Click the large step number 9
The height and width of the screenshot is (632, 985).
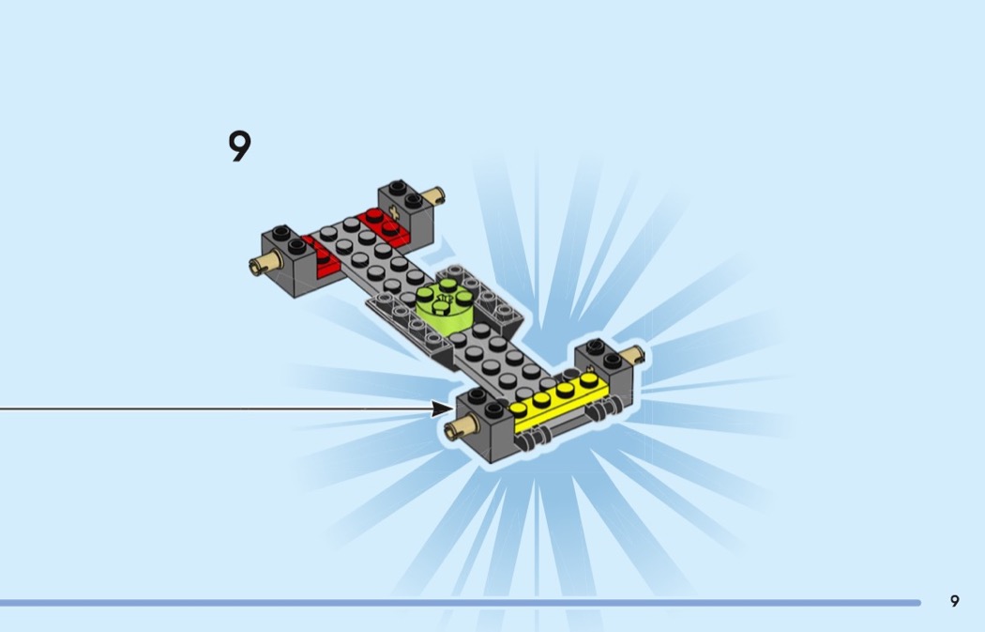239,146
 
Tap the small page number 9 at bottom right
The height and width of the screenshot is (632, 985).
955,601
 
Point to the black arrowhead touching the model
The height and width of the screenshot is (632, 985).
442,409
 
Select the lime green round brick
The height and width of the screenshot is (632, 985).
445,303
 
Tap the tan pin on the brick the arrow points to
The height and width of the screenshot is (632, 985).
461,428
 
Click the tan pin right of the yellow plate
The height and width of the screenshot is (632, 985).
631,355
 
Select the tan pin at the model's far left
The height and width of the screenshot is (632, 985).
265,262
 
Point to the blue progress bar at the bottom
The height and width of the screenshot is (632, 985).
461,603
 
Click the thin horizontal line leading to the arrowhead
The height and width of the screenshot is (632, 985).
216,409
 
